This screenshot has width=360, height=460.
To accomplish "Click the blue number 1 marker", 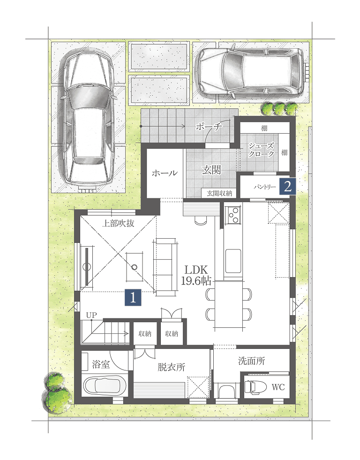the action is (x=133, y=298).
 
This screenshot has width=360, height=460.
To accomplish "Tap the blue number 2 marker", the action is (x=288, y=186).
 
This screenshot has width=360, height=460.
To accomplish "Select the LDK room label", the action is (x=196, y=270).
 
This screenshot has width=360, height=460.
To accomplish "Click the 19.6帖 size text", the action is (x=196, y=281).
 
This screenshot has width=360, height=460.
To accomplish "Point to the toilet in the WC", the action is (x=255, y=387).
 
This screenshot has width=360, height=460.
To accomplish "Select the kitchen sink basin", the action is (x=233, y=261).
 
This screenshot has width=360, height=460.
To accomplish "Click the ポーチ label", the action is (x=209, y=127).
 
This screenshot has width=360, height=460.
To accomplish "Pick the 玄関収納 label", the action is (x=219, y=193).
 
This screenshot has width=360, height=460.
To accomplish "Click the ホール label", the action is (x=165, y=173).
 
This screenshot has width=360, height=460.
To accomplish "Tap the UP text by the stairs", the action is (x=91, y=316).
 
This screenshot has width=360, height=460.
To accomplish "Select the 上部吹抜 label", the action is (x=118, y=223).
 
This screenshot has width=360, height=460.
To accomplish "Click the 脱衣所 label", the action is (x=172, y=367).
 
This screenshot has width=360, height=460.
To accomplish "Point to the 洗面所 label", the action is (x=252, y=361).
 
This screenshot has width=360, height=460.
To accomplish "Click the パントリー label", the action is (x=265, y=187).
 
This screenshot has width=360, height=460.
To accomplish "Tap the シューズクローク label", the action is (x=261, y=150).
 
